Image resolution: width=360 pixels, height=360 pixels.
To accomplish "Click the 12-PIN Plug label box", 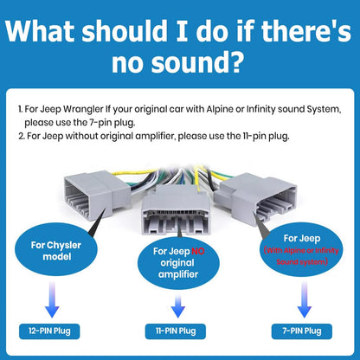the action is click(x=49, y=331).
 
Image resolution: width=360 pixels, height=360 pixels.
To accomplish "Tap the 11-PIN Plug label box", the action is click(x=176, y=331).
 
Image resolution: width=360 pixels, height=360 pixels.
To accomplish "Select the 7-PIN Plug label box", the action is click(x=302, y=331).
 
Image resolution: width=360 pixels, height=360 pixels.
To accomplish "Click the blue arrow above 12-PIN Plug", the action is click(x=52, y=299).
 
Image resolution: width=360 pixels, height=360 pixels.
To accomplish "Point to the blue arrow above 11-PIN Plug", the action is click(x=178, y=306).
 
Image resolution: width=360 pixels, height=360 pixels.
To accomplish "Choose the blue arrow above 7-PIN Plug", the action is click(x=305, y=299).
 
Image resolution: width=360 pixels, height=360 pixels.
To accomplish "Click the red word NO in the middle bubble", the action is click(x=198, y=251).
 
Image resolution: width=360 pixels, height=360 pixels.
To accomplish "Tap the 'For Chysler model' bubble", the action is click(x=55, y=250).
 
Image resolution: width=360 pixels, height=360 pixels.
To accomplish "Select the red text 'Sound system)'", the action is click(x=302, y=261).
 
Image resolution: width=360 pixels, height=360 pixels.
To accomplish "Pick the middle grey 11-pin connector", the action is click(x=176, y=210).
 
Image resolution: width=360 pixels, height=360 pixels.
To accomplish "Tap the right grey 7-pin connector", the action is click(x=256, y=199).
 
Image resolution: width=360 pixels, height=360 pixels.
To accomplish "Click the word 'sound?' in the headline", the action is click(x=196, y=61).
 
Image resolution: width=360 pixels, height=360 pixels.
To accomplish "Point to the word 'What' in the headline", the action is click(x=41, y=30).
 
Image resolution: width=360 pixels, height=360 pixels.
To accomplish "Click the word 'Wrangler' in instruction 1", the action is click(x=83, y=109).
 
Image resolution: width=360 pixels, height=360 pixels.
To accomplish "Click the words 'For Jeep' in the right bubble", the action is click(x=302, y=238).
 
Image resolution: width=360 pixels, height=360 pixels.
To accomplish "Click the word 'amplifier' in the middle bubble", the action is click(x=178, y=274).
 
